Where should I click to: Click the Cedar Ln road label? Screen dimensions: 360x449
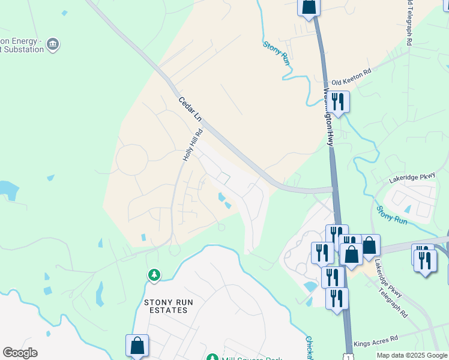pos(190,109)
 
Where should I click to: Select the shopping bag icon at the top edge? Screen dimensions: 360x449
pos(309,7)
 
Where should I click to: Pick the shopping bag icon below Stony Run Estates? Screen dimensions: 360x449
pos(137,346)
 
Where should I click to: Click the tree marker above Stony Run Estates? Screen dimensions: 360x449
pos(154,275)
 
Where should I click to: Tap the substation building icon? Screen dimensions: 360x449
pos(53,44)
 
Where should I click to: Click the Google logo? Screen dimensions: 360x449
pos(20,353)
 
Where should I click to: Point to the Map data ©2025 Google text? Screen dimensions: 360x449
pos(411,355)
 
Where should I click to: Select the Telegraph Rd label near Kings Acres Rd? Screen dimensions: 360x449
pos(393,301)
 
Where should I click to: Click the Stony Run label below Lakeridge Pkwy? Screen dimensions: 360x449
pos(392,215)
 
